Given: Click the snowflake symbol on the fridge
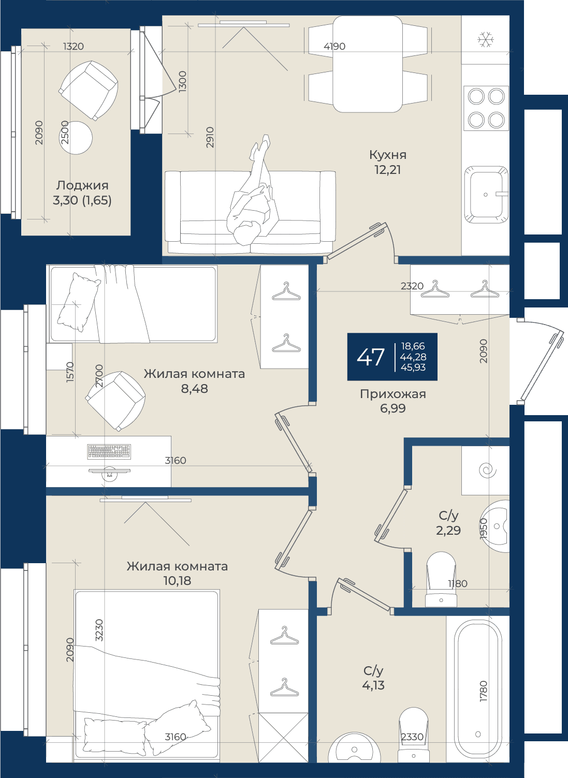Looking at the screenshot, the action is point(486,39).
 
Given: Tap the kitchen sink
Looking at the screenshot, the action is point(486,195).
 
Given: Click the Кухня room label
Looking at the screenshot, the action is point(388,155).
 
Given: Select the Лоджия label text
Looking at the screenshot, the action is point(82,185).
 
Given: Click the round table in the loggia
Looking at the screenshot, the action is point(76,138).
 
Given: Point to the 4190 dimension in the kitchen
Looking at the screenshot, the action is point(334,46).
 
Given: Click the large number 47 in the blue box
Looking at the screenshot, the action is point(371,357).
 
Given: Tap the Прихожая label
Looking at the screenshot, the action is point(393,394).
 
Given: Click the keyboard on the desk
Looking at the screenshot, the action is point(109,451).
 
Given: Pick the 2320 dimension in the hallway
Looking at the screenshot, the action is point(412,286).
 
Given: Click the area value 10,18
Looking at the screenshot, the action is point(177,580).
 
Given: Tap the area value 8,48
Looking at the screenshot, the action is point(195,388).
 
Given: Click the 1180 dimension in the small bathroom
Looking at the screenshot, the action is point(458,583).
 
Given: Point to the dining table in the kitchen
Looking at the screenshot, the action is point(368,64).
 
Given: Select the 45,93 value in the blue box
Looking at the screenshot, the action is point(413,368).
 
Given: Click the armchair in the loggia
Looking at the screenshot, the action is point(88,90).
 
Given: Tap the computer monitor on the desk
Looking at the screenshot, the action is point(109,473).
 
